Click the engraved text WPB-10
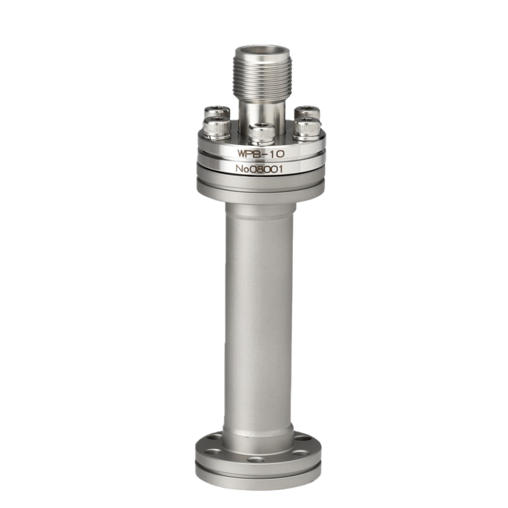coord(261,154)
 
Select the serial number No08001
coord(259,169)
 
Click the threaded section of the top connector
coord(262,76)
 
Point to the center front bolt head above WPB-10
coord(261,134)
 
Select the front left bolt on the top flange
coord(217,128)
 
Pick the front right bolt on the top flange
coord(307,129)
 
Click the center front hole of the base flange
coord(255,459)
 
